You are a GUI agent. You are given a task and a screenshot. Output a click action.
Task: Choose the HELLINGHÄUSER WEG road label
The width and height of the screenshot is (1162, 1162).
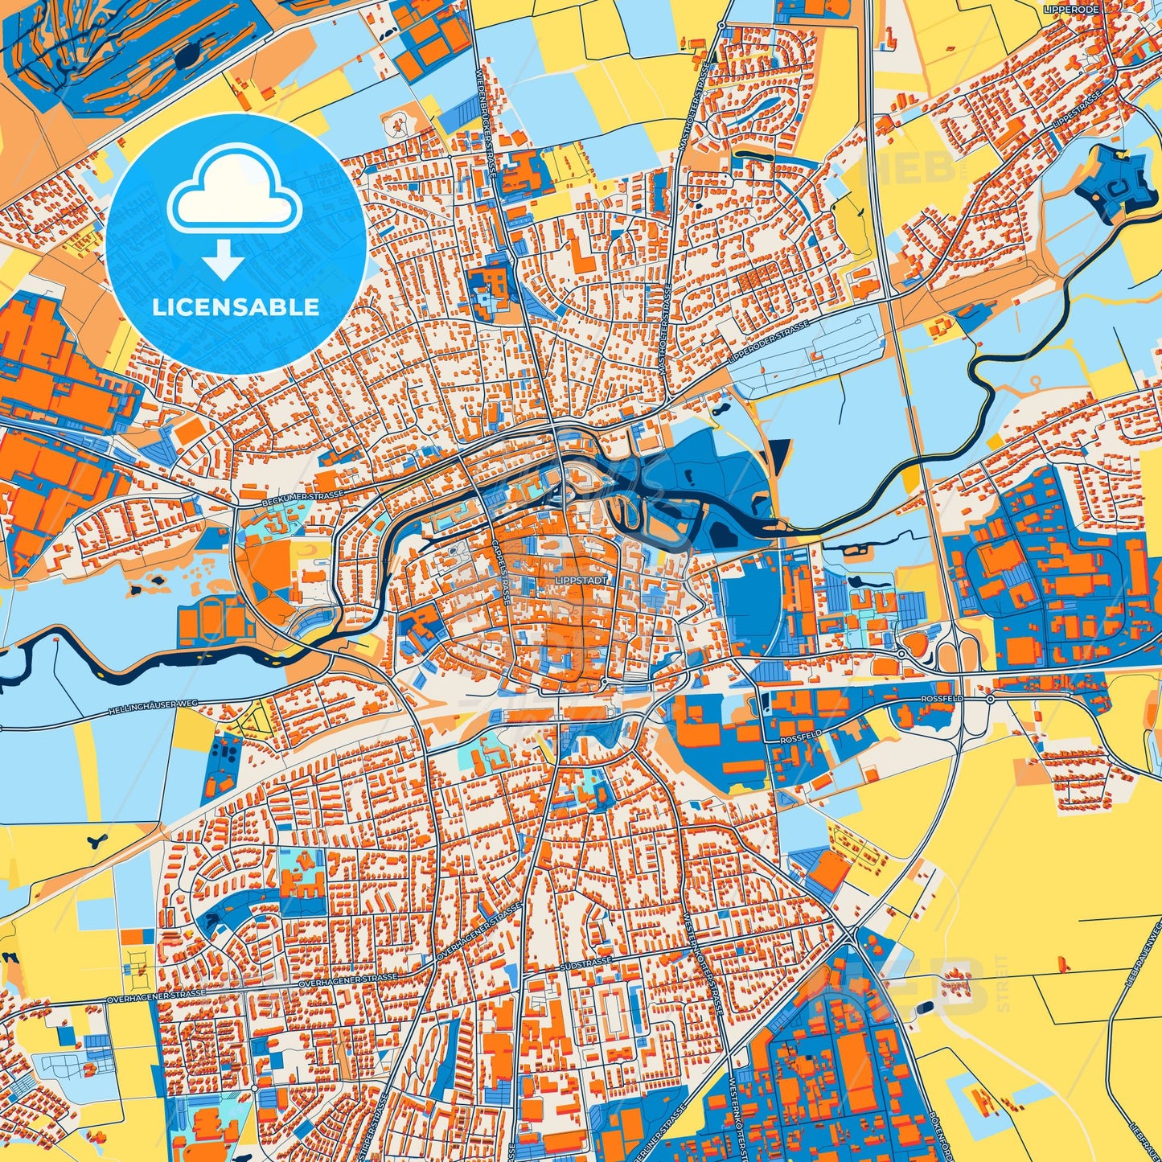click(153, 708)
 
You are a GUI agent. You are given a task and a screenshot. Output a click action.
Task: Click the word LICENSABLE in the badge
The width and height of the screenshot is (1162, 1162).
click(236, 307)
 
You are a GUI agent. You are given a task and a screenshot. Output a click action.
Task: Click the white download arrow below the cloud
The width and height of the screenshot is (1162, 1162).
click(224, 260)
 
